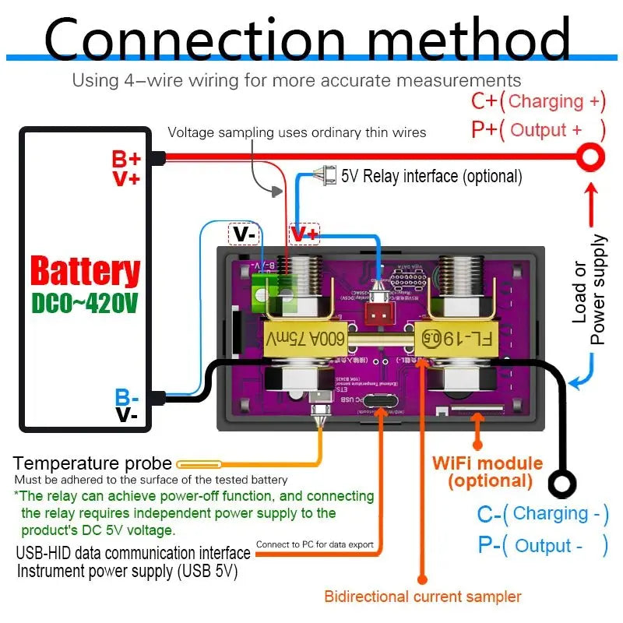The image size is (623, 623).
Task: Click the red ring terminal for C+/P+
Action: click(x=591, y=157)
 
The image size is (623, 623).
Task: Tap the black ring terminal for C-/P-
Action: click(x=561, y=484)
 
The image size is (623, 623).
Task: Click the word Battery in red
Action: click(x=85, y=272)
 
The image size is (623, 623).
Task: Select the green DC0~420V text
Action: click(x=85, y=302)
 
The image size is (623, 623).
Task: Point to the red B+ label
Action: click(x=126, y=159)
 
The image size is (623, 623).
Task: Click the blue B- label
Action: click(x=127, y=397)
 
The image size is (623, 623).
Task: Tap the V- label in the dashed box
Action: click(x=243, y=233)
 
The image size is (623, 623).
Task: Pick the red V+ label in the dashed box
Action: click(x=304, y=233)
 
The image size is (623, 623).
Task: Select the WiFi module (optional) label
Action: click(x=487, y=471)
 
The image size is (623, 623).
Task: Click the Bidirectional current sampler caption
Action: click(x=422, y=597)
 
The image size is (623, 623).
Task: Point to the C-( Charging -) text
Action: click(x=542, y=514)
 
